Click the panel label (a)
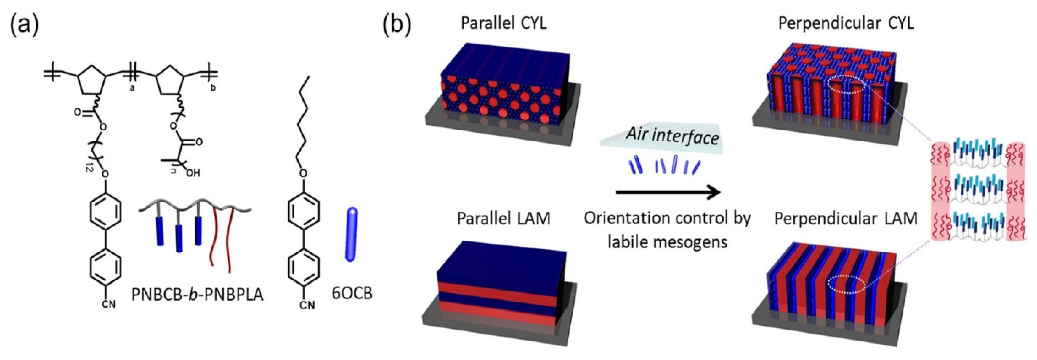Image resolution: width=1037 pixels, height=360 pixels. point(25,25)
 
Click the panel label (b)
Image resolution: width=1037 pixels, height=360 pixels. point(397,25)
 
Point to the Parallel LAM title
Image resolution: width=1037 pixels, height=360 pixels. point(504,219)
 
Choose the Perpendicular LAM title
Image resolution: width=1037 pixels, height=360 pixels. point(846,219)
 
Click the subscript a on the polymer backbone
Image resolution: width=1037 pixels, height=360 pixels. point(132,87)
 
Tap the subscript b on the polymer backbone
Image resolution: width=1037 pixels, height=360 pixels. point(213,87)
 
